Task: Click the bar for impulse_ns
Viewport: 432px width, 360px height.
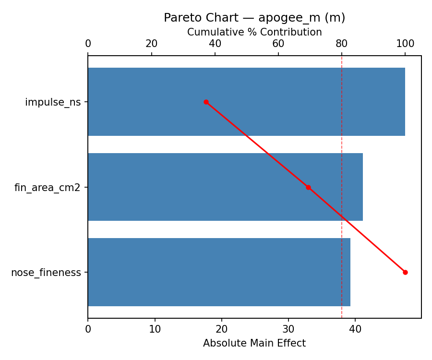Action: coord(246,102)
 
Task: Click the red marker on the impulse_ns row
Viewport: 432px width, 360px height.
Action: coord(206,102)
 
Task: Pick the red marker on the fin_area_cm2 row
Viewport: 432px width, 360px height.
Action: coord(308,187)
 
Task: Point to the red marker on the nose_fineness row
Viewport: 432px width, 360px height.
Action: coord(405,272)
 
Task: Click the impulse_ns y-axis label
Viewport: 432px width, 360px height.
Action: coord(53,102)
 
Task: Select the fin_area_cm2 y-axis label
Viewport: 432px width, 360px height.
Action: coord(48,188)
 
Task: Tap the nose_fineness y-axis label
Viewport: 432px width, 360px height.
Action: coord(46,273)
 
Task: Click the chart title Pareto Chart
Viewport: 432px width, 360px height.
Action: coord(254,18)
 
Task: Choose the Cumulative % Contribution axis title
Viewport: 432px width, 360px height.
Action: coord(254,32)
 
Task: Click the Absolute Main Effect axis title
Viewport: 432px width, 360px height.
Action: coord(254,343)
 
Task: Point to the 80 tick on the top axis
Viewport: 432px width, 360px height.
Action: coord(342,44)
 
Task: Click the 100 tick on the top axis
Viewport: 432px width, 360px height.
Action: coord(405,44)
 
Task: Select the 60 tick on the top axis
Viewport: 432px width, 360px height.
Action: coord(278,44)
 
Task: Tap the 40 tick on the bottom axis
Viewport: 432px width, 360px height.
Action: coord(355,329)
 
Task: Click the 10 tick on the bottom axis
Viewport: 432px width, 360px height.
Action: coord(155,329)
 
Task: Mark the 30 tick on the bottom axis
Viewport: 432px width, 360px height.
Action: coord(288,329)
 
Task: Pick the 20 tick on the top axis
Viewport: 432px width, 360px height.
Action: coord(152,44)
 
